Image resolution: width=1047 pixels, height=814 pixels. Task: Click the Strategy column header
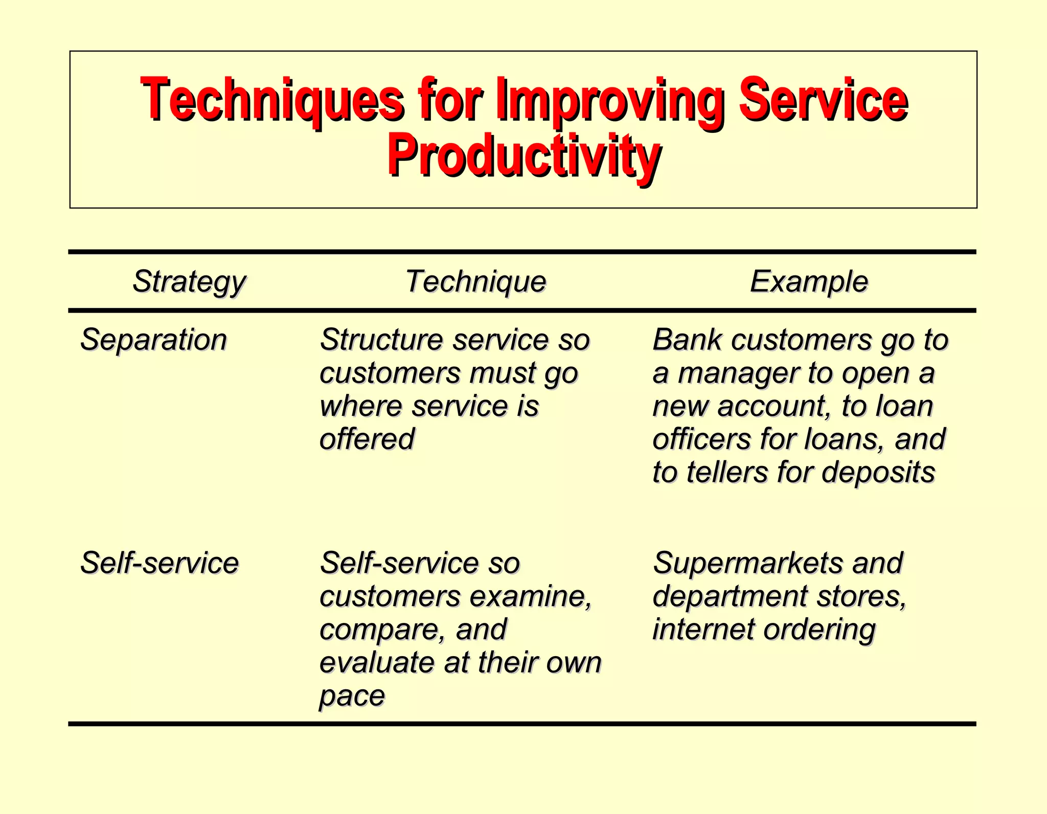click(x=189, y=282)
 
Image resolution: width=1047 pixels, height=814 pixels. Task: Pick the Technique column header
click(x=476, y=282)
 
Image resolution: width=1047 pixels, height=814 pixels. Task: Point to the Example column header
click(x=809, y=282)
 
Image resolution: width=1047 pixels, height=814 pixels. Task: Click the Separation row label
click(x=153, y=340)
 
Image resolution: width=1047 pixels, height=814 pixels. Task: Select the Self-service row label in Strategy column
click(x=160, y=563)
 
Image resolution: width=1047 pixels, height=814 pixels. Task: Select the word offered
click(x=367, y=439)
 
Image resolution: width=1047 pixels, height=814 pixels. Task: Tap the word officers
click(x=702, y=439)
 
